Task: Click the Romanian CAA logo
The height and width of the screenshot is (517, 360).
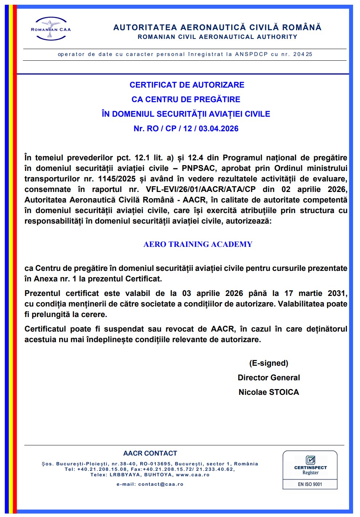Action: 50,28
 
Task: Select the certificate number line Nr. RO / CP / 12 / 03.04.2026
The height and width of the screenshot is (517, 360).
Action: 186,129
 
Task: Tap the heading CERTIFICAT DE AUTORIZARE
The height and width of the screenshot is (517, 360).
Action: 187,85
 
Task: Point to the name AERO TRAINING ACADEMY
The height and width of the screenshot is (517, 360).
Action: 198,244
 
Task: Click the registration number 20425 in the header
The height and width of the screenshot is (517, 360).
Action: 303,55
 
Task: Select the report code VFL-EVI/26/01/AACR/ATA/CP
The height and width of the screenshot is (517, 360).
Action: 201,189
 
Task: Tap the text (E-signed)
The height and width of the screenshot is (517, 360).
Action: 268,363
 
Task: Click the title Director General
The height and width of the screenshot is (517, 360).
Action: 268,378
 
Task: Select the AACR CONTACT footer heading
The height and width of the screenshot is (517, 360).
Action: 150,453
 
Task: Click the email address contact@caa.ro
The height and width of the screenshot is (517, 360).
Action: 161,484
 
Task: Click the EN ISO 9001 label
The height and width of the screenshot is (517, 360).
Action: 310,484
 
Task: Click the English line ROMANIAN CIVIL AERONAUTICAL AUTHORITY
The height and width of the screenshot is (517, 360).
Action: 217,37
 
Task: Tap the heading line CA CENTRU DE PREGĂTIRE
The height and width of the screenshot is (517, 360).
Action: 186,100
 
